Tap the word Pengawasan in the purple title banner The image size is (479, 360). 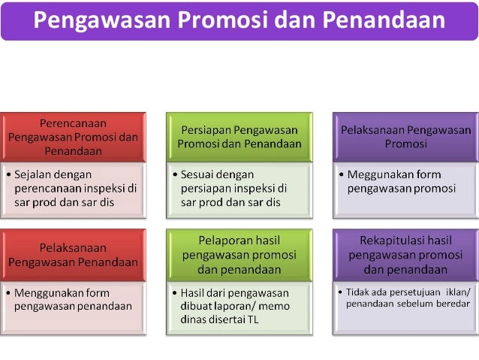pyautogui.click(x=100, y=20)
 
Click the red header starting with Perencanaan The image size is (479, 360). pyautogui.click(x=73, y=137)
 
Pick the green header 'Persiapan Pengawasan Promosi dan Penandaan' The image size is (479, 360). pyautogui.click(x=239, y=137)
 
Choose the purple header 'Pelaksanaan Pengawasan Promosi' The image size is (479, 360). pyautogui.click(x=405, y=137)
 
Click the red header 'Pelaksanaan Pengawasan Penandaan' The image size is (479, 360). pyautogui.click(x=73, y=255)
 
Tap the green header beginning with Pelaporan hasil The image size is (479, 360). pyautogui.click(x=239, y=254)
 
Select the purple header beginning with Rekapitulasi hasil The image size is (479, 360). pyautogui.click(x=405, y=254)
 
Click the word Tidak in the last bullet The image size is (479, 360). pyautogui.click(x=357, y=292)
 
